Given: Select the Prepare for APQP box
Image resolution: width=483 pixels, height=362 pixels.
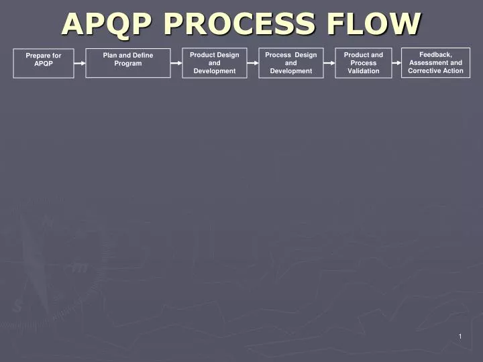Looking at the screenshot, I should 44,63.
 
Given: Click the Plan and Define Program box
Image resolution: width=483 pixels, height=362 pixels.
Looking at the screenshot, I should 127,63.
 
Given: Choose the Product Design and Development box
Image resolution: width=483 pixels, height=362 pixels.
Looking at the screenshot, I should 214,63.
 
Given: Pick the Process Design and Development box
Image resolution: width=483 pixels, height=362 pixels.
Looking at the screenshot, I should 290,63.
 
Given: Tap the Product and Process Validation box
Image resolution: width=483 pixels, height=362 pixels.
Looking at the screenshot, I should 363,63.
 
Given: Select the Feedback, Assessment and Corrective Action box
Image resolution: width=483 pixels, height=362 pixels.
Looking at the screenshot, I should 435,63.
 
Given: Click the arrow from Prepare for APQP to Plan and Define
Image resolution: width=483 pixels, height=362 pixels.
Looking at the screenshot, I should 80,63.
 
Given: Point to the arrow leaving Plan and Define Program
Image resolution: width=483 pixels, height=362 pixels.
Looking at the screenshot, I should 176,63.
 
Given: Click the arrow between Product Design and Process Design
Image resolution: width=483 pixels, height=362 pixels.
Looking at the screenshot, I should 253,63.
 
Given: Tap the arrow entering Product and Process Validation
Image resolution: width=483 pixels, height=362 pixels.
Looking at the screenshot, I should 329,63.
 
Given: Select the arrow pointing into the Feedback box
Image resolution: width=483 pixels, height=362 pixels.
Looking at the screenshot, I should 396,63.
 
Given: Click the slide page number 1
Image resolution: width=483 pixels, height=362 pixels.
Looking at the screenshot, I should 460,337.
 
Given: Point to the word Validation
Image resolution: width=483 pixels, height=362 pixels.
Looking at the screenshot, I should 363,71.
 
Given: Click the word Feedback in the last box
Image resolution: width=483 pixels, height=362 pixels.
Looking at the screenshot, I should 435,54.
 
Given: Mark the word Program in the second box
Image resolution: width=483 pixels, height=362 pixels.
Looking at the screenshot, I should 127,63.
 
